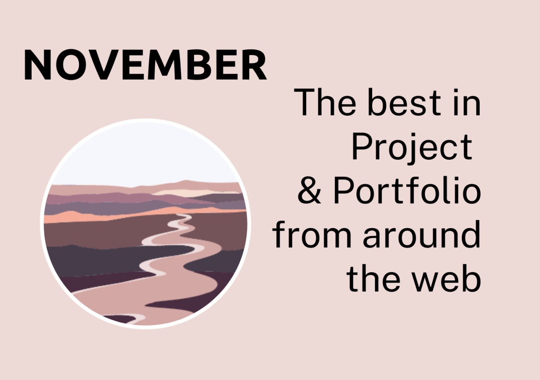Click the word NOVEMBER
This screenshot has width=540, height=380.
145,66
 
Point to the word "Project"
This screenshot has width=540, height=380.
411,147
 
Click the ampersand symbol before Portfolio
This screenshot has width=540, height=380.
309,192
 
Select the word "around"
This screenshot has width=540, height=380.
421,235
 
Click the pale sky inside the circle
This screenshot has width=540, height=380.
145,153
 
